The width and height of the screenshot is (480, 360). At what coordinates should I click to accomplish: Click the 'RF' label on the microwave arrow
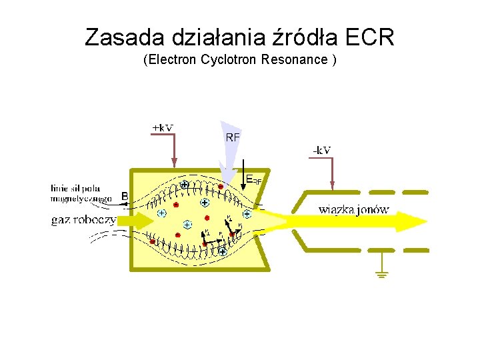coord(233,137)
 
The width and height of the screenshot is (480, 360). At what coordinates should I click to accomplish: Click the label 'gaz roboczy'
coord(83,220)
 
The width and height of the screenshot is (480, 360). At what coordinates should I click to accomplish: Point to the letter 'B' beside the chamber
coord(125,196)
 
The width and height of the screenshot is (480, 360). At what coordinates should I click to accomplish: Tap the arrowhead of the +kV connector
coord(175,162)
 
